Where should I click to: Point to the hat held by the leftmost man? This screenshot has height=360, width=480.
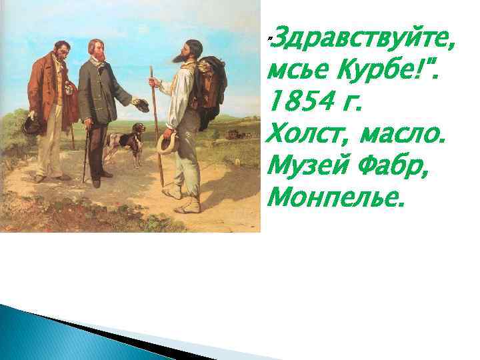(x=31, y=125)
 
